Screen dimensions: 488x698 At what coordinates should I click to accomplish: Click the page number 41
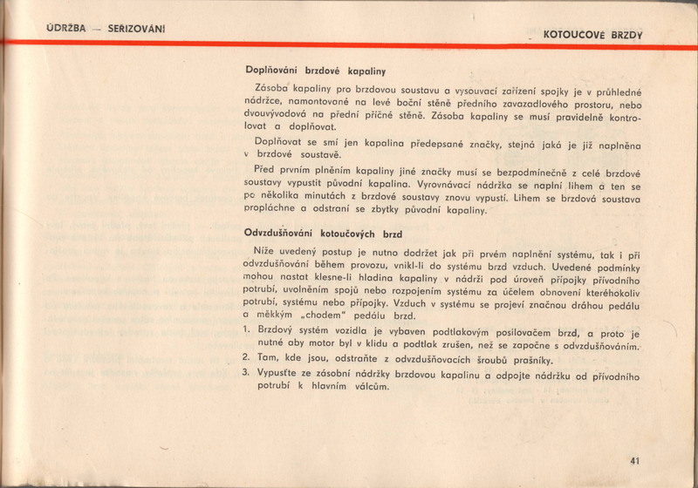point(633,462)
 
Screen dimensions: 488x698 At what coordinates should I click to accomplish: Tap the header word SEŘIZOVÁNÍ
point(135,29)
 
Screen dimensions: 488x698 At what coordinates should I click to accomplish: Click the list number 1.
point(247,329)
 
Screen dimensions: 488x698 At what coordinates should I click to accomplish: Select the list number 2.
point(247,358)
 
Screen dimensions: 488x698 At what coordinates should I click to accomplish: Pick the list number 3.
point(247,375)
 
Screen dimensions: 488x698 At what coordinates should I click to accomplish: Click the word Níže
point(262,251)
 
